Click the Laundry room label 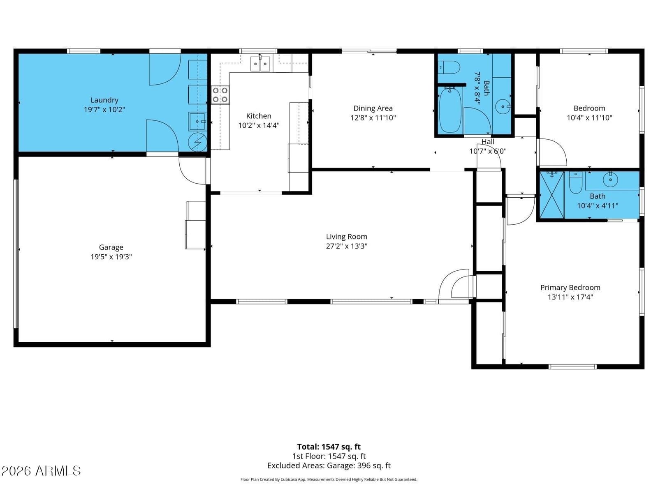pos(104,100)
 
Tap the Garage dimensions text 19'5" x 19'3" pos(111,257)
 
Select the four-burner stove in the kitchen pos(220,95)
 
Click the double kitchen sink pos(260,64)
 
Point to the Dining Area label pos(373,108)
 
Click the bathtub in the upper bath pos(450,110)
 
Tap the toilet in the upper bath pos(449,67)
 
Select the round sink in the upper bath pos(503,106)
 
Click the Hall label pos(488,142)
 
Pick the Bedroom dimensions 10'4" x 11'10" pos(589,118)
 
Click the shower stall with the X pos(552,195)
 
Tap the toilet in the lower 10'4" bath pos(576,182)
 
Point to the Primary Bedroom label pos(570,288)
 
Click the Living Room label pos(347,237)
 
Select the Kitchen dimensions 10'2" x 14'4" pos(259,125)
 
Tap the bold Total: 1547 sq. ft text pos(329,447)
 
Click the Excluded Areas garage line pos(329,466)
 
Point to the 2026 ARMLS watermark pos(41,471)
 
